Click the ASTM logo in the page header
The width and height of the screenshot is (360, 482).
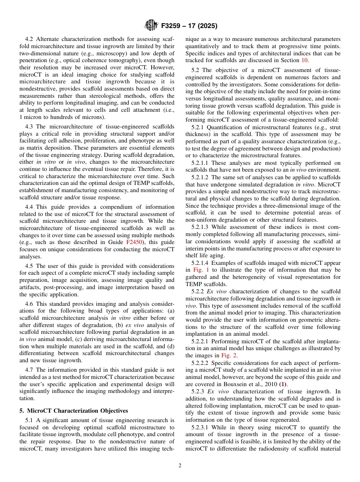tap(151, 26)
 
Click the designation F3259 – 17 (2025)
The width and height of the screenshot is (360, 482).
tap(189, 26)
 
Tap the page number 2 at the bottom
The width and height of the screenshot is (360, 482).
tap(180, 466)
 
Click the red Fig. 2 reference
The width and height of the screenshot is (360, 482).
tap(229, 355)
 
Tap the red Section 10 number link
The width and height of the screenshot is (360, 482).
tap(305, 60)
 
